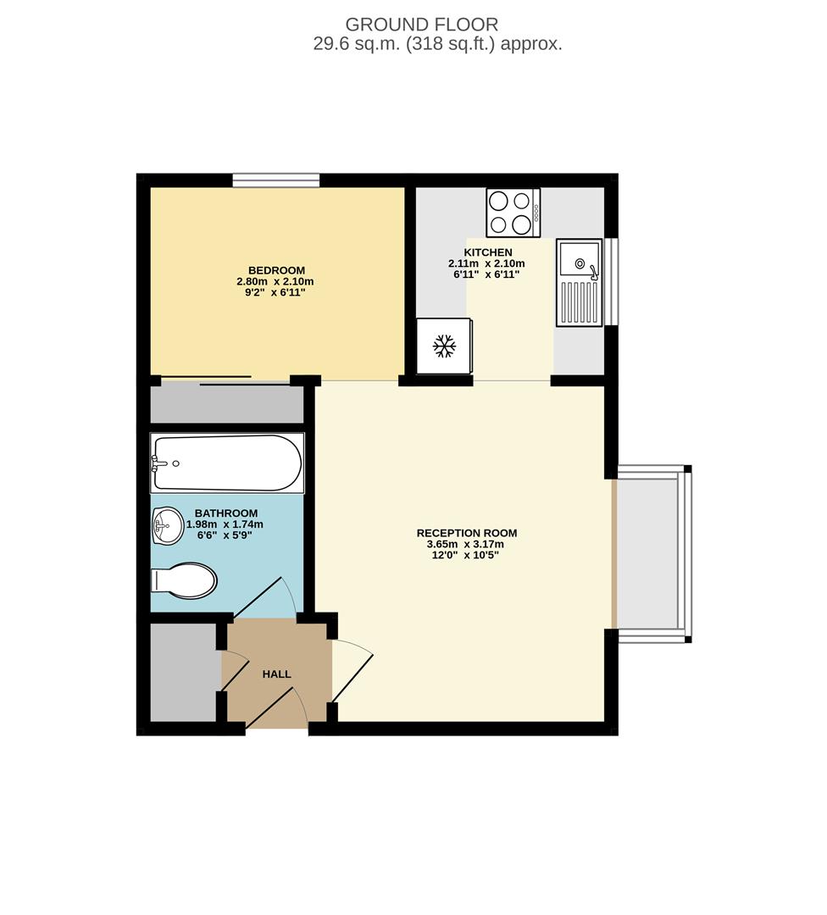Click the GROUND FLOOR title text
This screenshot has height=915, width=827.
pyautogui.click(x=421, y=25)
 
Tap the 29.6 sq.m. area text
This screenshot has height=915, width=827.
pyautogui.click(x=437, y=45)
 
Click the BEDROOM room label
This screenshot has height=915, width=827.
pyautogui.click(x=276, y=270)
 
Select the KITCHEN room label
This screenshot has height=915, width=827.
pyautogui.click(x=487, y=252)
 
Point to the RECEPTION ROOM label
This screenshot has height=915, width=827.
pyautogui.click(x=466, y=533)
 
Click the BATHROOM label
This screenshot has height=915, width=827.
pyautogui.click(x=225, y=513)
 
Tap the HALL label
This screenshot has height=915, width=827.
pyautogui.click(x=276, y=674)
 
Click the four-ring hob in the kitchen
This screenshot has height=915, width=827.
pyautogui.click(x=513, y=212)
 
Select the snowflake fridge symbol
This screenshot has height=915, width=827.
pyautogui.click(x=443, y=345)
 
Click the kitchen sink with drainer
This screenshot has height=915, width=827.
pyautogui.click(x=579, y=282)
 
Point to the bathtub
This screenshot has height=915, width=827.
pyautogui.click(x=226, y=463)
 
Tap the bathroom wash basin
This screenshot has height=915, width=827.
pyautogui.click(x=167, y=526)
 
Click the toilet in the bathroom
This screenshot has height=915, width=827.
pyautogui.click(x=185, y=581)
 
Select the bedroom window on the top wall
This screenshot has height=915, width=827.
pyautogui.click(x=276, y=180)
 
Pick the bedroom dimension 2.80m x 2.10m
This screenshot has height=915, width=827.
pyautogui.click(x=276, y=281)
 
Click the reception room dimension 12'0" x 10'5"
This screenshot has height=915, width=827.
pyautogui.click(x=466, y=555)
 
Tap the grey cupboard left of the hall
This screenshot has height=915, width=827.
pyautogui.click(x=183, y=673)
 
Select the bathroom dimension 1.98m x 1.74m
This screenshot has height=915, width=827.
pyautogui.click(x=225, y=524)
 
